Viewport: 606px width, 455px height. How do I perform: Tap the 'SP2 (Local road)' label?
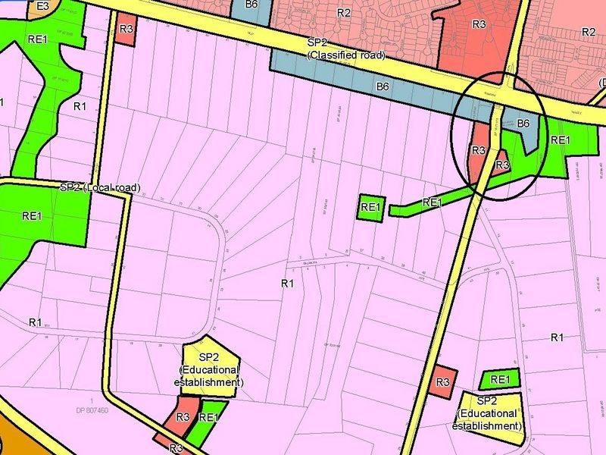(x=100, y=187)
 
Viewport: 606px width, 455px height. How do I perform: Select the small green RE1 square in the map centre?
(x=370, y=207)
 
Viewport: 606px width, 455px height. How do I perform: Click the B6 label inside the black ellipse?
(x=523, y=123)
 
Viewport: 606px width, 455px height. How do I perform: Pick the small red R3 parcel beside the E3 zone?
(x=127, y=29)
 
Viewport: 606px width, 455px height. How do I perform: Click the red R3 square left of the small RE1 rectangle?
(x=443, y=382)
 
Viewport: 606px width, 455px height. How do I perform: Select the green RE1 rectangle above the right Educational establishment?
(x=498, y=379)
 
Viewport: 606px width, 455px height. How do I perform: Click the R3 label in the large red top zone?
(x=479, y=24)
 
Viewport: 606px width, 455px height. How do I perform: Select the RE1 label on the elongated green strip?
(x=431, y=202)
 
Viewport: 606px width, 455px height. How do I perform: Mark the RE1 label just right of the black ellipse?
(x=560, y=140)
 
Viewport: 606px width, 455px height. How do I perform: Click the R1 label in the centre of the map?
(x=287, y=284)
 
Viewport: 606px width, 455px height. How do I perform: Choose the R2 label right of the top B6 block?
(x=343, y=13)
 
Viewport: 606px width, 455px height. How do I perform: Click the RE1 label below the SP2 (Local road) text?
(x=31, y=216)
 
